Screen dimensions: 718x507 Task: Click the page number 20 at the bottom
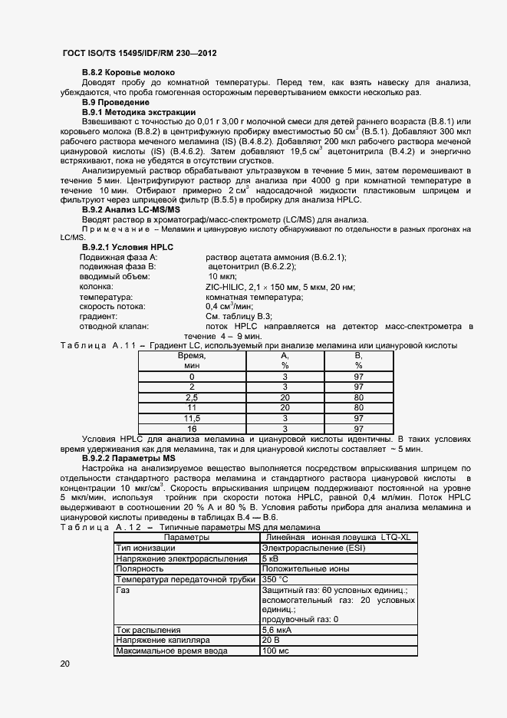pyautogui.click(x=64, y=664)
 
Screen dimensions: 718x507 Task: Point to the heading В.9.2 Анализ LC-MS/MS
pyautogui.click(x=130, y=209)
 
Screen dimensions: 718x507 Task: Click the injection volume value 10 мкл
pyautogui.click(x=223, y=277)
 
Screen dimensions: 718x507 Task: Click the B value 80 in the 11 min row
pyautogui.click(x=358, y=407)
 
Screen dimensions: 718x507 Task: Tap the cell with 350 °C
pyautogui.click(x=275, y=579)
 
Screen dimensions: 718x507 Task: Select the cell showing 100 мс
pyautogui.click(x=275, y=650)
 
